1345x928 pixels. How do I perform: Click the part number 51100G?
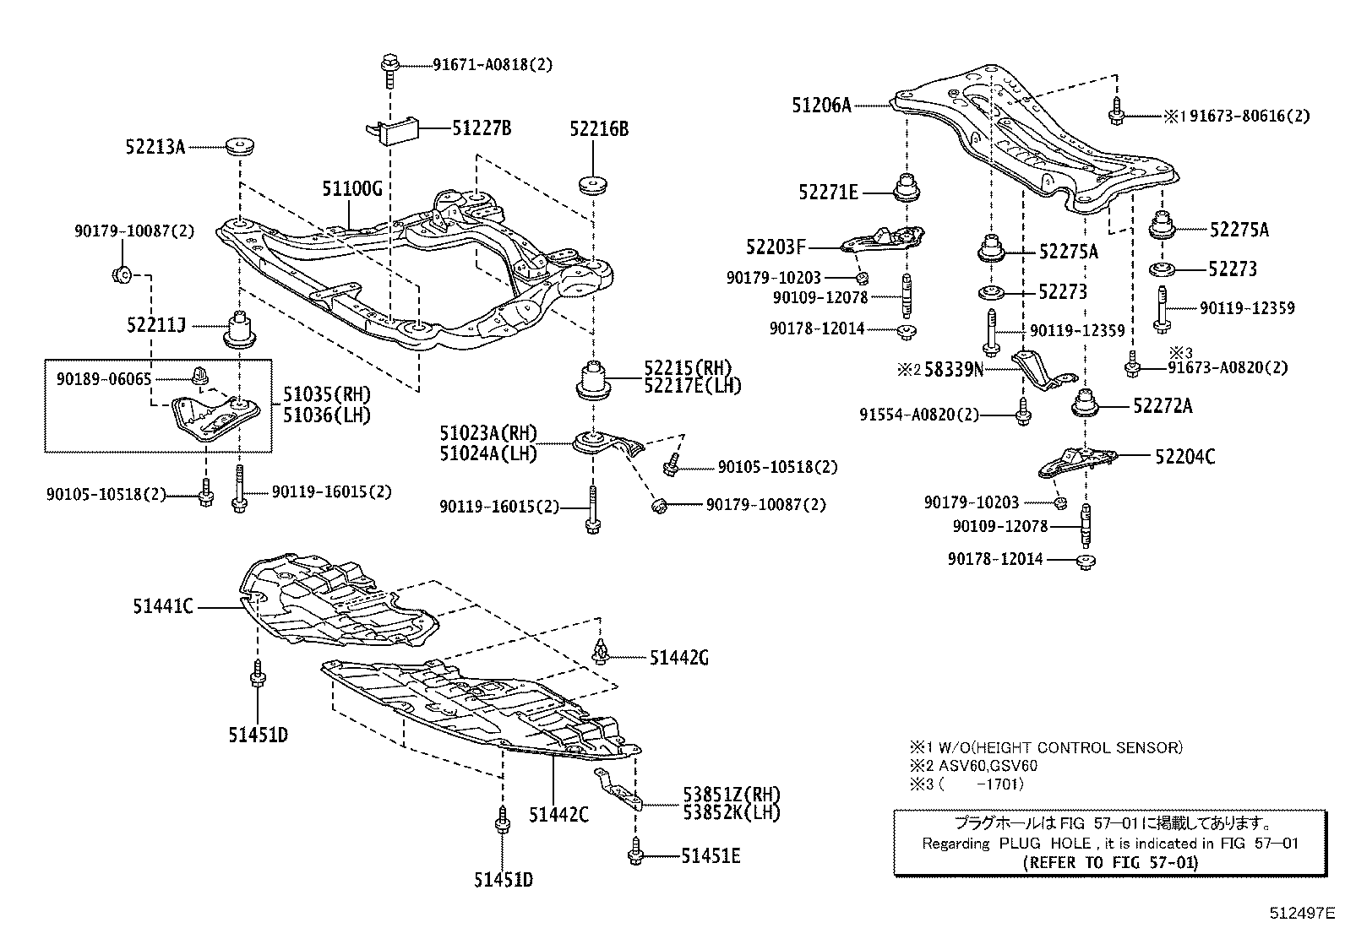pos(351,188)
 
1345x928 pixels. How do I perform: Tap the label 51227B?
pos(481,128)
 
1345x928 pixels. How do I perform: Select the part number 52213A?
pos(156,147)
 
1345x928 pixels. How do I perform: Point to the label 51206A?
pos(821,106)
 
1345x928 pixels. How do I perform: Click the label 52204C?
pos(1185,457)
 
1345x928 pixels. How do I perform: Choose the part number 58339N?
pos(954,369)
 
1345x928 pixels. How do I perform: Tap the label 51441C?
pos(163,605)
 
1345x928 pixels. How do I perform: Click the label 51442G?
pos(679,658)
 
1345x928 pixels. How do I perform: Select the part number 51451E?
pos(711,856)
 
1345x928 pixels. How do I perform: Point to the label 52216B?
pos(599,129)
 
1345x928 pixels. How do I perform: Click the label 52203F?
pos(776,247)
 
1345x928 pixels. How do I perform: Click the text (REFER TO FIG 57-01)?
pos(1109,862)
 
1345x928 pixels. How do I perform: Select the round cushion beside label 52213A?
pos(242,147)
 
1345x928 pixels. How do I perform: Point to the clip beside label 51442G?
pos(601,652)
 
